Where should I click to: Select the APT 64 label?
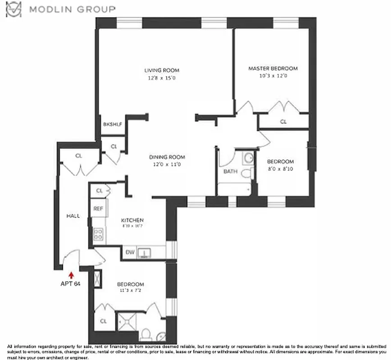70,283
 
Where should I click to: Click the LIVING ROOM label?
162,70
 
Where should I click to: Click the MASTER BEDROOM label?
273,68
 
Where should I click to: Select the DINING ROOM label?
168,157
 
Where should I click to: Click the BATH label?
230,171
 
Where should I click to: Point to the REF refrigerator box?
98,209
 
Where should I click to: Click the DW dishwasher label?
130,252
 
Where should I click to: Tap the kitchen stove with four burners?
98,234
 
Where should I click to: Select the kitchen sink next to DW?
144,252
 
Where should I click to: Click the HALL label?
73,216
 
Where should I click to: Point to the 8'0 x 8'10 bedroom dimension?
280,169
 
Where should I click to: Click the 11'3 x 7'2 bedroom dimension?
131,291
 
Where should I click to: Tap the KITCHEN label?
132,220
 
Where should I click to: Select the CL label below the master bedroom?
283,121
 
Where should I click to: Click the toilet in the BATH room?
246,173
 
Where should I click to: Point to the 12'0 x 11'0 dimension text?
168,164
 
